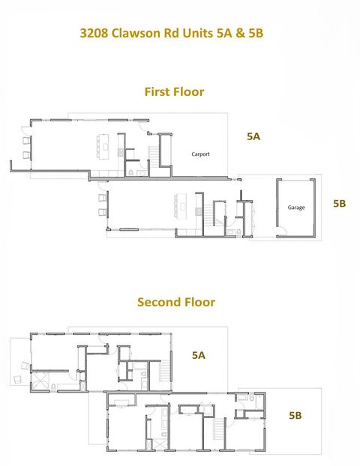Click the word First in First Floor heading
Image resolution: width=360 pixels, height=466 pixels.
pos(159,91)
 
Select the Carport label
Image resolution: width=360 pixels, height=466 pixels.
pos(200,154)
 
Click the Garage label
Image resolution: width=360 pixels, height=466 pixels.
pos(295,207)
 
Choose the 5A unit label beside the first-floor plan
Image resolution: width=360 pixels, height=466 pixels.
pos(253,136)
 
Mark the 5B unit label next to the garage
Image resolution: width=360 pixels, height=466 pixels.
pos(339,203)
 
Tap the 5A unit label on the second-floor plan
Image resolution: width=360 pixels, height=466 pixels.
pos(199,355)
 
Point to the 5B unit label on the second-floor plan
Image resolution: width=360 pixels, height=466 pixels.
pos(295,414)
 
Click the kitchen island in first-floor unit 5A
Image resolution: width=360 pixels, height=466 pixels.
pos(103,145)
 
